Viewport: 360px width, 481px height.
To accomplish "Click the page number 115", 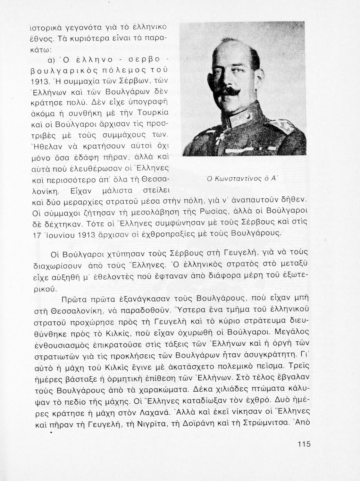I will (304, 444).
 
